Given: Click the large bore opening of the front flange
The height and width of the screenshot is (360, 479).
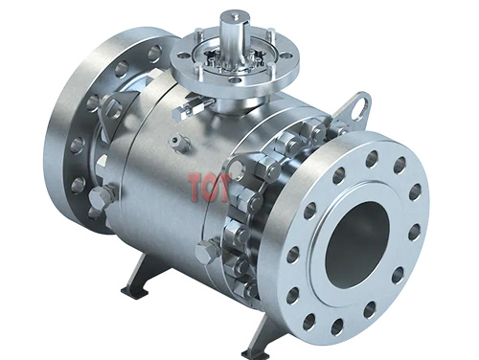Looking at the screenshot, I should [357, 239].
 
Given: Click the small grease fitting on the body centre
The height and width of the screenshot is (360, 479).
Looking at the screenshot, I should [175, 144].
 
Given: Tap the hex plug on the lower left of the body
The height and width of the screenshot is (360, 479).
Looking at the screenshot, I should [100, 199].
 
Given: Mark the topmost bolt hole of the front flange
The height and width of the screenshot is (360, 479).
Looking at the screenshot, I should [371, 158].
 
